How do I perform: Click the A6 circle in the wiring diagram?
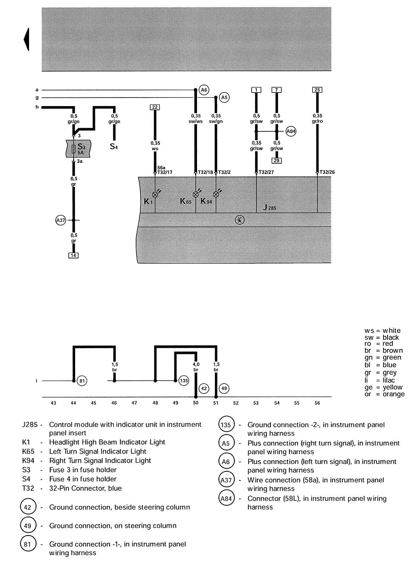tap(204, 90)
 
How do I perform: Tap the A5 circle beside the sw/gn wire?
tap(224, 98)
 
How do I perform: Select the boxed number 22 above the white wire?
tap(155, 107)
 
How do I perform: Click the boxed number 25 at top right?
tap(317, 90)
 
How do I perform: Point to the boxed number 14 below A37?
tap(74, 255)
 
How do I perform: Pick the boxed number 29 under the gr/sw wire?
tap(277, 161)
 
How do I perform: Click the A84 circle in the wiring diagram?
tap(291, 131)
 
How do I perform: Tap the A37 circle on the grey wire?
tap(60, 220)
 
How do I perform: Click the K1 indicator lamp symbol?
tap(155, 194)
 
